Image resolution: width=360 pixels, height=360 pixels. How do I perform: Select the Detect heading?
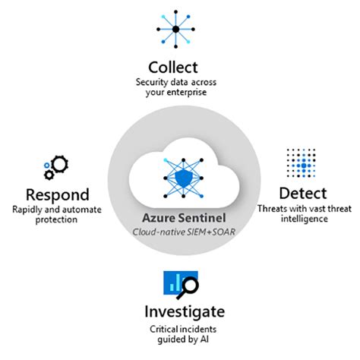click(302, 192)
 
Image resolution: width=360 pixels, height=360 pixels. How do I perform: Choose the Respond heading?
click(58, 194)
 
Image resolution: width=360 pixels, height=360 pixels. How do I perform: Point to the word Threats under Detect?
click(271, 208)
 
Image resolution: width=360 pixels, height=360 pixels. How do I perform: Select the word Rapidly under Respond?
click(28, 209)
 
